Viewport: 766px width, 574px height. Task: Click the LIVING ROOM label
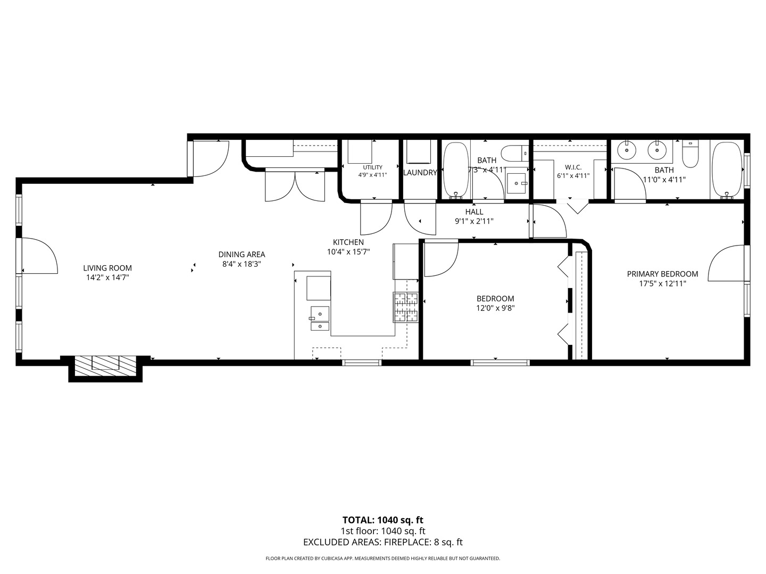tap(107, 268)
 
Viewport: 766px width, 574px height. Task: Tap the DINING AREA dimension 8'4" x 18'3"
tap(242, 264)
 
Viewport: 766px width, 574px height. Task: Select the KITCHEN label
tap(348, 242)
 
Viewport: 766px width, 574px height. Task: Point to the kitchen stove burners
tap(406, 307)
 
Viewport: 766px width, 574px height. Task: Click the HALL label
tap(474, 212)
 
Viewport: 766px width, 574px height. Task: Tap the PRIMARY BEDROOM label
tap(662, 274)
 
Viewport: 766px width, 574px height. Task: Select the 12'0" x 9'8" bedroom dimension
tap(496, 308)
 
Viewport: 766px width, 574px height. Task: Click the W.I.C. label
tap(573, 167)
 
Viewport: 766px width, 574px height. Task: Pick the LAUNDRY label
tap(420, 173)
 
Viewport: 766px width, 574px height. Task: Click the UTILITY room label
tap(373, 167)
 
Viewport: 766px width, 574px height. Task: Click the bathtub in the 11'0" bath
tap(727, 171)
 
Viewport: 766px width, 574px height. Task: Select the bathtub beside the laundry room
tap(456, 171)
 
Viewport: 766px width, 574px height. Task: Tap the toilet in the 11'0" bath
tap(690, 154)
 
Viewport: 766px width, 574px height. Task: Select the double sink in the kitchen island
tap(320, 318)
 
